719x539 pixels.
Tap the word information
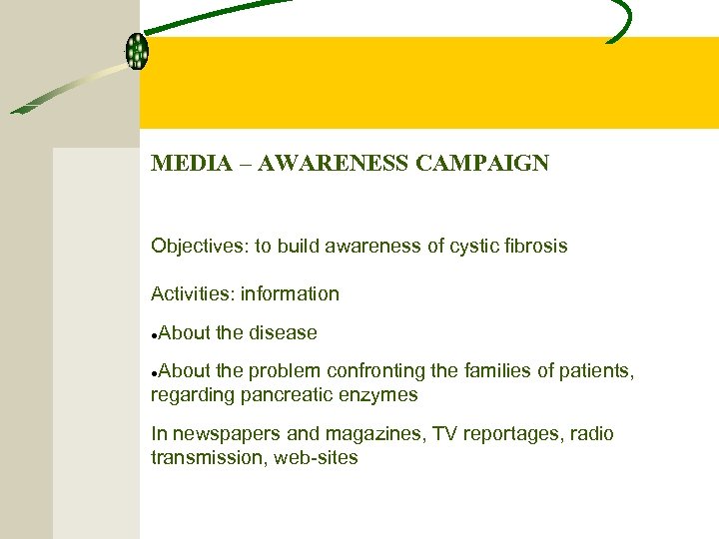[290, 293]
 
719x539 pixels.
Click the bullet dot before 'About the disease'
[154, 334]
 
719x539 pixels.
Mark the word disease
[283, 332]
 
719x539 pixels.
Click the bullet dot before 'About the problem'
[154, 372]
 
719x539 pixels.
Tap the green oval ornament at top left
[137, 51]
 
